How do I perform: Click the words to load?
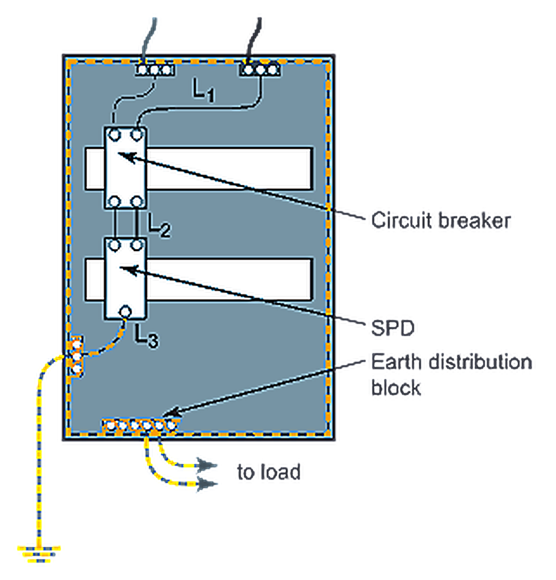tap(268, 472)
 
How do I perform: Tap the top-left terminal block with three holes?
tap(155, 70)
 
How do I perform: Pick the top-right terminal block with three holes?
tap(259, 70)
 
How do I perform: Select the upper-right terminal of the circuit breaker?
tap(137, 135)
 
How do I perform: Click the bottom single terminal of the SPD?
tap(125, 312)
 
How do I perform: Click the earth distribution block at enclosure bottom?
tap(140, 426)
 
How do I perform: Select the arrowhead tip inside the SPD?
tap(119, 267)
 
